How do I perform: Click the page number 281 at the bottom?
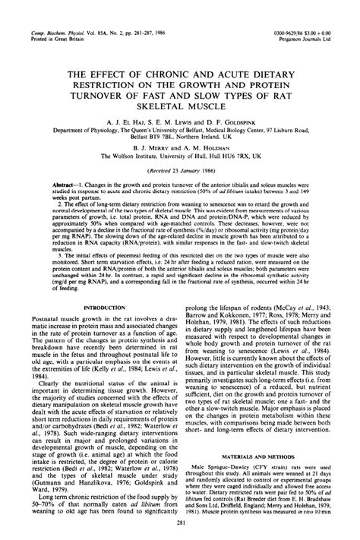pos(180,523)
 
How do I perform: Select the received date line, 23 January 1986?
pos(180,174)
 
